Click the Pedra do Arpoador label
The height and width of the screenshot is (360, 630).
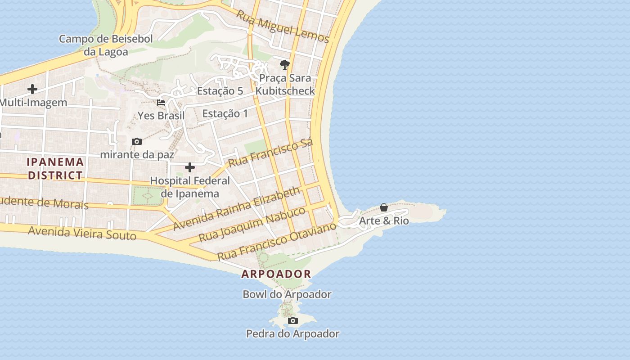(x=292, y=334)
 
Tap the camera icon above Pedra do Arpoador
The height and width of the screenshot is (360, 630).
(x=293, y=321)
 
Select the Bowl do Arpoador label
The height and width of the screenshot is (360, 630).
(x=287, y=294)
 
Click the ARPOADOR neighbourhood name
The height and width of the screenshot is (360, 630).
(x=276, y=274)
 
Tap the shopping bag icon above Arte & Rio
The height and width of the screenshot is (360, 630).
(x=384, y=207)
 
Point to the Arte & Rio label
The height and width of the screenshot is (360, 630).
(x=384, y=221)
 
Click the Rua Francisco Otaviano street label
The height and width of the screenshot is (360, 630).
(x=277, y=241)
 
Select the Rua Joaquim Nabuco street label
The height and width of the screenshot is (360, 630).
(x=252, y=224)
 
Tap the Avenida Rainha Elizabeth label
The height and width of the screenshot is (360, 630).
(x=237, y=208)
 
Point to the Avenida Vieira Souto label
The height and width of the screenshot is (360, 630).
(x=82, y=233)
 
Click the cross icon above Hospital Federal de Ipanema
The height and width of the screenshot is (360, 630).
(x=190, y=168)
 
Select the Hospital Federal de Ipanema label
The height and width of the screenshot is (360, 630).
(x=190, y=187)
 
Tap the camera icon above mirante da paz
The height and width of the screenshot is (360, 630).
(x=137, y=142)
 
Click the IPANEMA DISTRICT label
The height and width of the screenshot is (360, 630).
(x=55, y=168)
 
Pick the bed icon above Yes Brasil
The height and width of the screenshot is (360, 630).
(x=161, y=103)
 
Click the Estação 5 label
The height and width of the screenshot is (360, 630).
(x=220, y=91)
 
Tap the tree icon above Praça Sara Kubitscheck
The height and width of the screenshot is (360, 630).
(x=284, y=65)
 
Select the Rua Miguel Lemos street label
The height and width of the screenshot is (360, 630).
(x=283, y=27)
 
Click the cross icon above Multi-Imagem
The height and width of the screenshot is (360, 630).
(x=32, y=89)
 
